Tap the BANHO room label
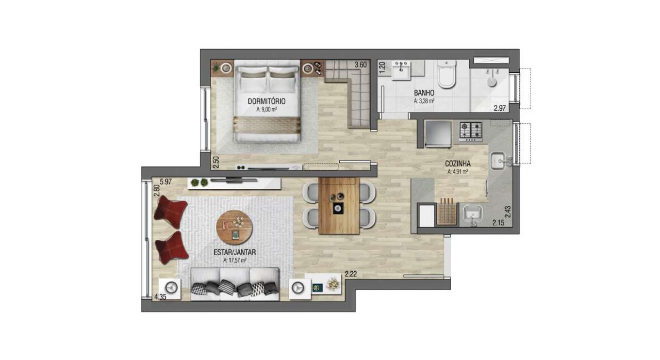pos(424,93)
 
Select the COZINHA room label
pos(458,164)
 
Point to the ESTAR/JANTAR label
pos(235,253)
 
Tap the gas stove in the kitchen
pos(470,132)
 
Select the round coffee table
pos(235,226)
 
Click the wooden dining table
pos(338,206)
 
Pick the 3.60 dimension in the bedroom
pos(360,65)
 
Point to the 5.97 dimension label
pos(166,182)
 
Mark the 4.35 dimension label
pos(160,297)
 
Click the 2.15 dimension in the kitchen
pos(498,223)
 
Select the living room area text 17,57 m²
pos(235,261)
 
